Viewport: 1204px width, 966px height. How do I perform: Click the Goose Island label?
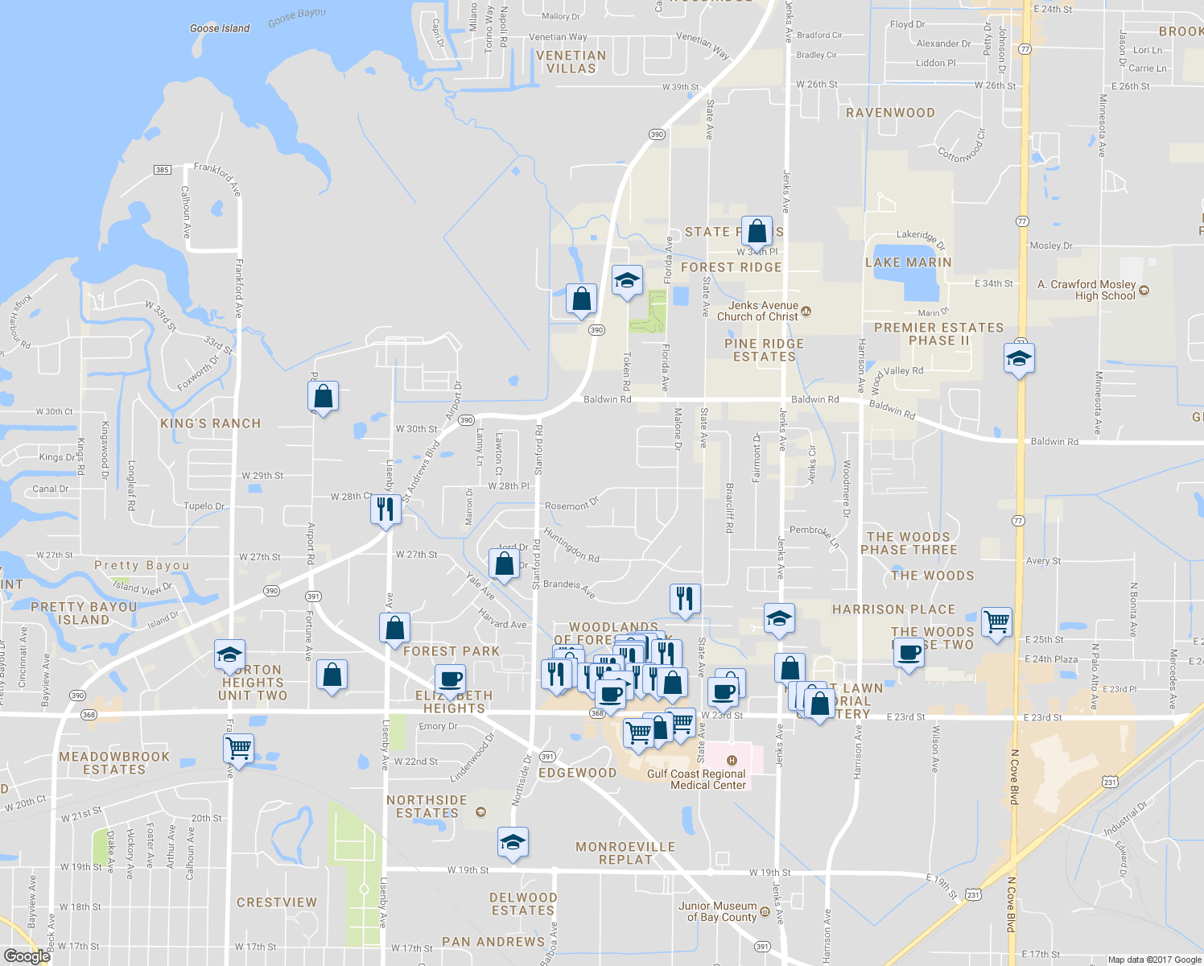point(220,28)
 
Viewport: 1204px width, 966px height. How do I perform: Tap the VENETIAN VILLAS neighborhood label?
point(571,62)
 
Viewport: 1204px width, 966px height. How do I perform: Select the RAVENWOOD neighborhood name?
point(890,113)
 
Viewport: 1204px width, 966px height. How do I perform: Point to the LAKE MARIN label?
point(908,262)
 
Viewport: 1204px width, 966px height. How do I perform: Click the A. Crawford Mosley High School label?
point(1086,290)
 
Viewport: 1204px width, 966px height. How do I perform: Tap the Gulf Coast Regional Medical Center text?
point(697,779)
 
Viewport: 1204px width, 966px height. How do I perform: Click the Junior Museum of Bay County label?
point(717,911)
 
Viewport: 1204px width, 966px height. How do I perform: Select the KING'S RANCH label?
point(210,423)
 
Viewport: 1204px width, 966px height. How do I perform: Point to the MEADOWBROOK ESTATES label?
point(114,763)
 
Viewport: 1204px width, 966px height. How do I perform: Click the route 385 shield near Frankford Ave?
point(163,170)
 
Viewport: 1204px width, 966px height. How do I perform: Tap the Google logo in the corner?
point(27,956)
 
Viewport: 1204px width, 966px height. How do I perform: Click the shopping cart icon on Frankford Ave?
point(239,748)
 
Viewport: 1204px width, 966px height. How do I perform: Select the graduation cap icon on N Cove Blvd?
point(1019,358)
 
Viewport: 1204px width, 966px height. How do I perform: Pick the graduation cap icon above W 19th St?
point(513,842)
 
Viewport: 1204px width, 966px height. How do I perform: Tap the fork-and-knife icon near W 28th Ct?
point(386,510)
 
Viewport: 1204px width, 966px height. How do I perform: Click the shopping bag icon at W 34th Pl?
point(757,232)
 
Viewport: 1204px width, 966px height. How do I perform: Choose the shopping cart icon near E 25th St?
point(996,621)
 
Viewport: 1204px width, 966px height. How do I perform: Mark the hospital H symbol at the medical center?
point(732,760)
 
